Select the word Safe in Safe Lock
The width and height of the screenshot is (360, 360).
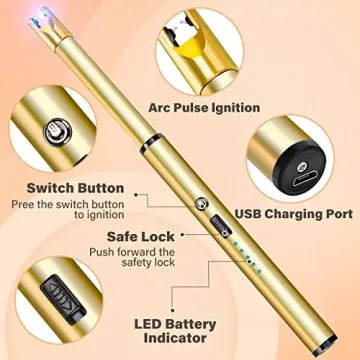(x=123, y=238)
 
